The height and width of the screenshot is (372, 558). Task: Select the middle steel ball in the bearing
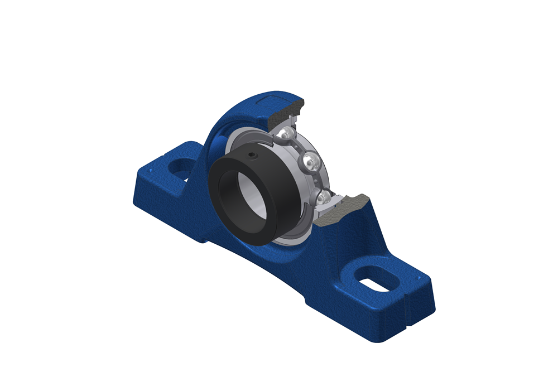click(311, 162)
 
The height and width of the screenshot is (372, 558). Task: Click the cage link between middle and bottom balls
click(318, 180)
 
